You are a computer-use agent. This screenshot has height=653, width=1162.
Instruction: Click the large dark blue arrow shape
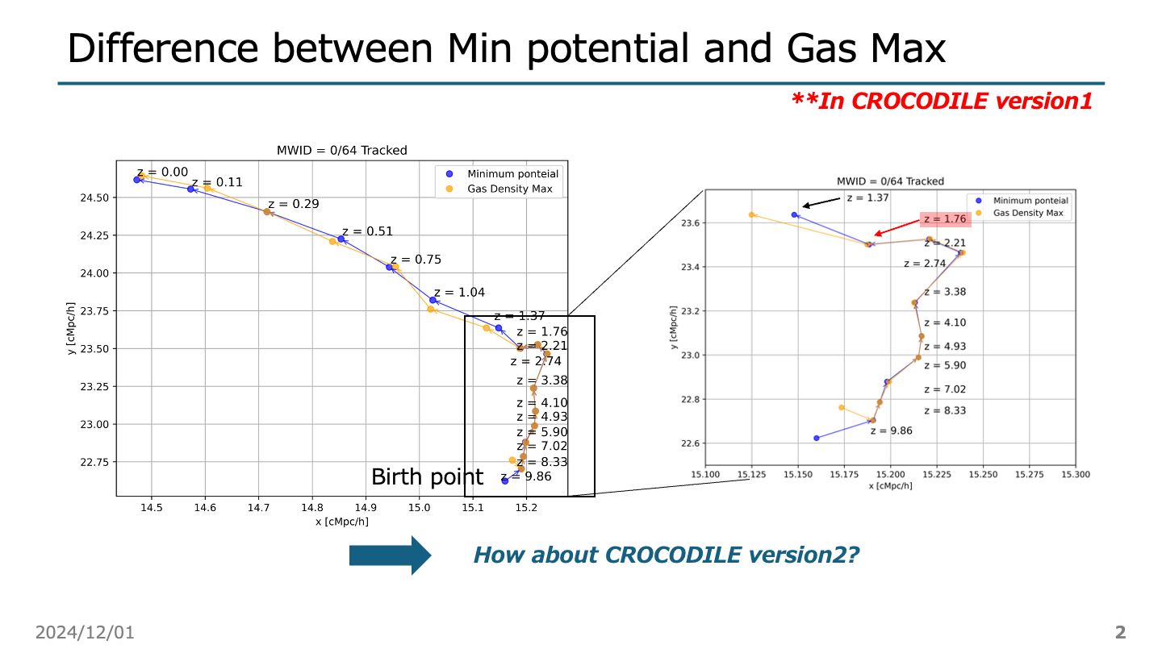point(389,555)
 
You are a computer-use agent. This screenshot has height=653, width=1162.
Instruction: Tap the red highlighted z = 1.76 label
point(945,219)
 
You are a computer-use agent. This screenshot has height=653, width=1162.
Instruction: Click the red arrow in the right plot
point(897,227)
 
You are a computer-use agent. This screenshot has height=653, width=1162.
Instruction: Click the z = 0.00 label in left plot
point(162,172)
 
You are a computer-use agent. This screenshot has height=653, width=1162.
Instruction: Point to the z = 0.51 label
point(367,231)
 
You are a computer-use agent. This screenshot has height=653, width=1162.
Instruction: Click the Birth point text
point(427,476)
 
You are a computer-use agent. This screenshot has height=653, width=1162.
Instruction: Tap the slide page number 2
point(1120,632)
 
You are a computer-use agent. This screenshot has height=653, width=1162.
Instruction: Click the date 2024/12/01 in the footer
point(85,632)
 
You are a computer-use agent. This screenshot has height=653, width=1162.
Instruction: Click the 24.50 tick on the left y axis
point(97,198)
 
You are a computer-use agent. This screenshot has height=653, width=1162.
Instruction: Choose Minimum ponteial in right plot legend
point(1030,201)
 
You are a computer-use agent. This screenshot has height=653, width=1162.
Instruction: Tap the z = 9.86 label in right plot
point(891,430)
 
